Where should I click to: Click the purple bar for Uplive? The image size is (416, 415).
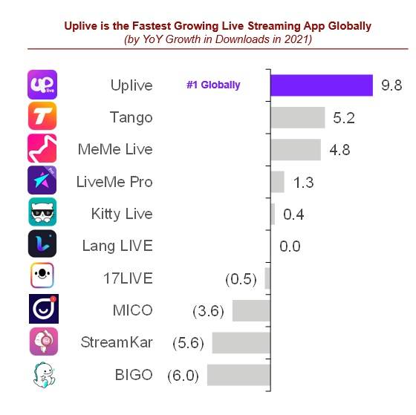click(322, 85)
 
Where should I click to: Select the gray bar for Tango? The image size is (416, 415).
click(298, 117)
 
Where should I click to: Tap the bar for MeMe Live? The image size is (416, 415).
click(296, 149)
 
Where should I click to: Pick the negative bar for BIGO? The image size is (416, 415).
click(238, 375)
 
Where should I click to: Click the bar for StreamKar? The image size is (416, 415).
click(241, 342)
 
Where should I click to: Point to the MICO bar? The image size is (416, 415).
click(251, 310)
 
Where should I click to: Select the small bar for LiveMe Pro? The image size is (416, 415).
click(278, 182)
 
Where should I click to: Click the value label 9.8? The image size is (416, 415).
click(391, 85)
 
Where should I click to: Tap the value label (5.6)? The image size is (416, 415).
click(189, 343)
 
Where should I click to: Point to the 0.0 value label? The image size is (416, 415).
click(290, 246)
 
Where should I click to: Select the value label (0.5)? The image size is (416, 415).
click(240, 279)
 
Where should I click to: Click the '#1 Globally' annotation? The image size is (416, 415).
click(213, 85)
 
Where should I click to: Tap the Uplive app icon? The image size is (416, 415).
click(42, 85)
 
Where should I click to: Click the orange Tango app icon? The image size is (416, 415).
click(42, 117)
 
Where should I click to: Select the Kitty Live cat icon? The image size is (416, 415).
click(42, 213)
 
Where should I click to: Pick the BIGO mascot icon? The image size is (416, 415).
click(42, 374)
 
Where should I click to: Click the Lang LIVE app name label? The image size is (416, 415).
click(117, 246)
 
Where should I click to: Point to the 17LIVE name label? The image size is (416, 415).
click(128, 278)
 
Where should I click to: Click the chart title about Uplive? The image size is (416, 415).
click(218, 26)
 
